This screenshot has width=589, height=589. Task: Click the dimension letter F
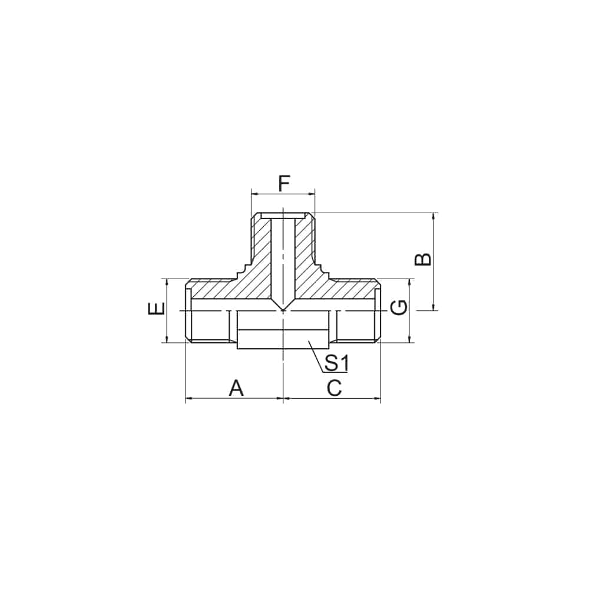(x=284, y=184)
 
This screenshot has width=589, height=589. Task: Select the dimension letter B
(x=422, y=259)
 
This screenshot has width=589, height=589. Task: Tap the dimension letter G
(x=399, y=307)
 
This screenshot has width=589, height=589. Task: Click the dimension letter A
(x=236, y=388)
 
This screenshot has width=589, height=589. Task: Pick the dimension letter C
(x=334, y=388)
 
